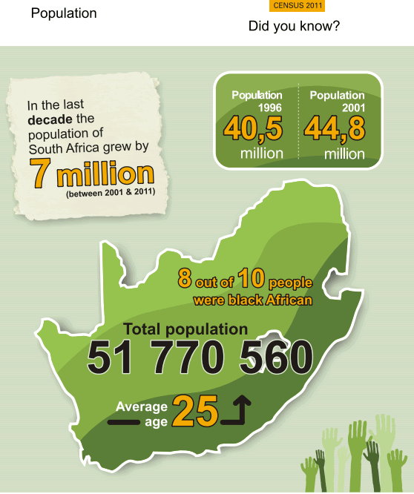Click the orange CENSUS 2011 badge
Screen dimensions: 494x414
tap(298, 6)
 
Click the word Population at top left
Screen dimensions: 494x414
tap(64, 13)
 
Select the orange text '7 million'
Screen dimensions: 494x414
tap(88, 174)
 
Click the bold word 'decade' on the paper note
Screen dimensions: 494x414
tap(50, 119)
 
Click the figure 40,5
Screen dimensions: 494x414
tap(254, 129)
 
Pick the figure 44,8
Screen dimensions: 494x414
tap(335, 129)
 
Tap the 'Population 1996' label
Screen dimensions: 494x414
tap(257, 101)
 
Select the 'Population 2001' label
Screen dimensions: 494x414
tap(338, 101)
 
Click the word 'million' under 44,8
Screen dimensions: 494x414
tap(344, 154)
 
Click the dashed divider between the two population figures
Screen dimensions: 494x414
tap(298, 122)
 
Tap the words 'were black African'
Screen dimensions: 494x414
tap(252, 300)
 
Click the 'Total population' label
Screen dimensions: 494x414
tap(185, 329)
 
